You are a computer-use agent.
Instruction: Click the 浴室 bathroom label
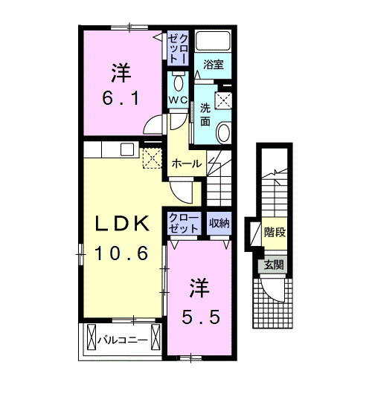(214, 65)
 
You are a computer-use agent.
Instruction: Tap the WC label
(178, 100)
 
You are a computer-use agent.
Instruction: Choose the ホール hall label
(185, 163)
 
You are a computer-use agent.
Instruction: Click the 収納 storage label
(218, 222)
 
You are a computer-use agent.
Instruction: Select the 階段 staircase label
(275, 232)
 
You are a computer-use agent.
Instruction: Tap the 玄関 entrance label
(271, 265)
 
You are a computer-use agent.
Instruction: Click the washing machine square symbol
(225, 100)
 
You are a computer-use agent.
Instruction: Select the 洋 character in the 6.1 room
(121, 73)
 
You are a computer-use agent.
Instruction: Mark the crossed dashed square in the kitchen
(153, 158)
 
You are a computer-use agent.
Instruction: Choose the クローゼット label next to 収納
(183, 222)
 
